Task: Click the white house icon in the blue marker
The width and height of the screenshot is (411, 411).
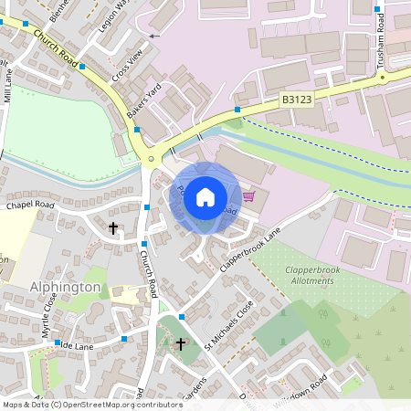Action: (x=205, y=196)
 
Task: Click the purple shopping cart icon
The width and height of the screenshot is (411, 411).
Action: (x=248, y=195)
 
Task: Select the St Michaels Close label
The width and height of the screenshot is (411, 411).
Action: (x=228, y=324)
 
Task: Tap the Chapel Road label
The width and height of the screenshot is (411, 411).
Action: (x=30, y=205)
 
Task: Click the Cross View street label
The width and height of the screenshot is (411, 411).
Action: (x=128, y=67)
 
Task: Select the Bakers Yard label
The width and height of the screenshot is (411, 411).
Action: (x=143, y=111)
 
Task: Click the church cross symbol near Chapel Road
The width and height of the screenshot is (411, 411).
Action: (x=113, y=227)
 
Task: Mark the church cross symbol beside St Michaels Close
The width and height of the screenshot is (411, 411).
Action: (x=181, y=344)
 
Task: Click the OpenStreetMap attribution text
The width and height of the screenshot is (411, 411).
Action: (x=91, y=404)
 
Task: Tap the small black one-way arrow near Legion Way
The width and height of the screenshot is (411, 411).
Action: (x=153, y=36)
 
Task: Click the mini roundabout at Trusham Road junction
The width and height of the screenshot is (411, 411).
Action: (x=381, y=79)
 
